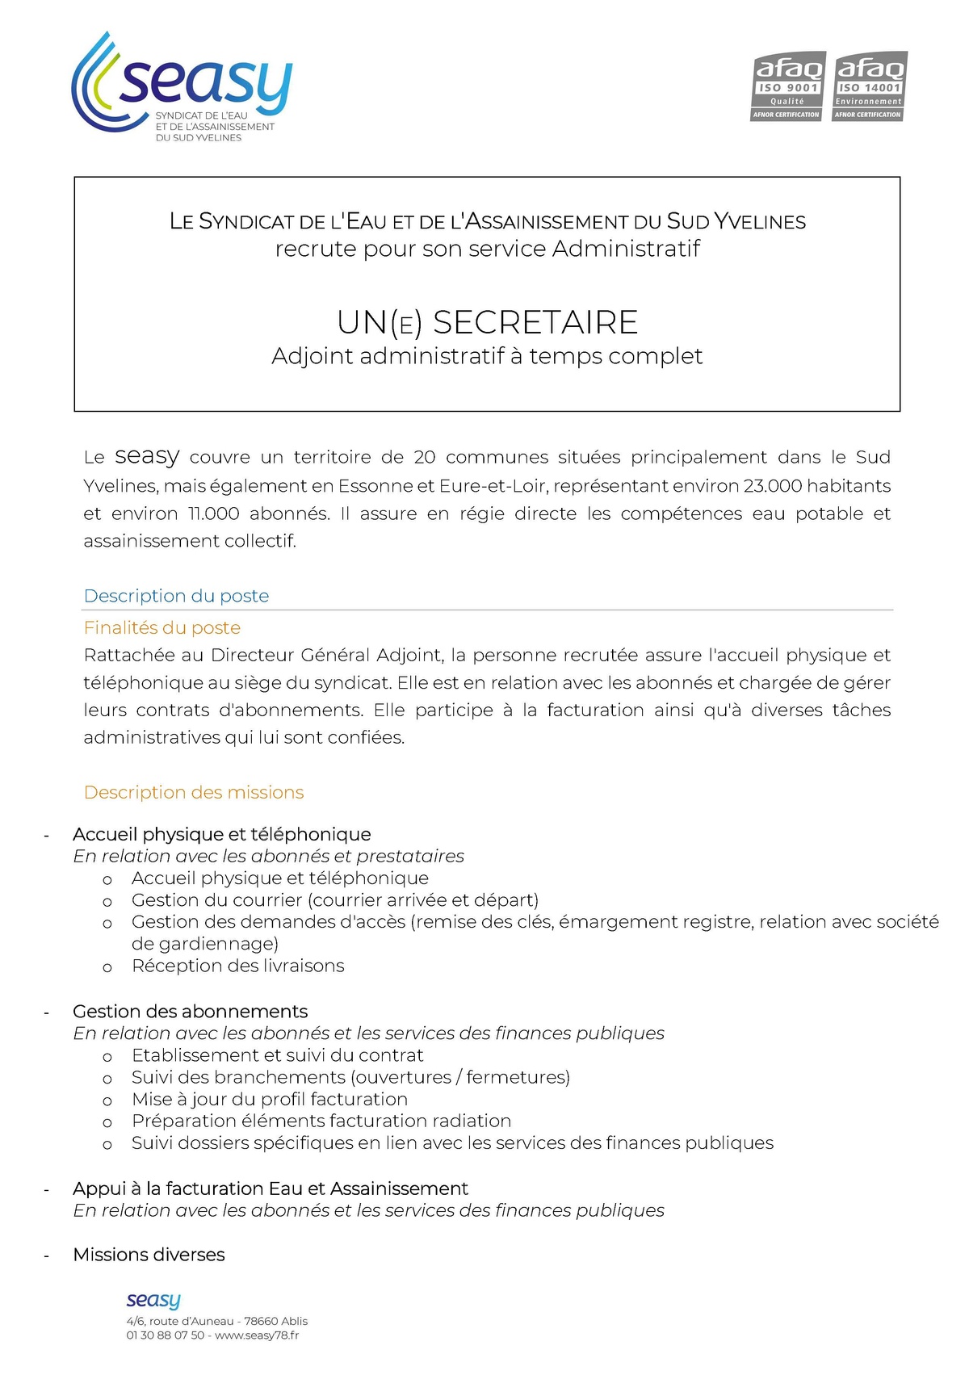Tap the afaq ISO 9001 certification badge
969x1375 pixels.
coord(787,87)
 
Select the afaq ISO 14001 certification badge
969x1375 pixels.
coord(869,87)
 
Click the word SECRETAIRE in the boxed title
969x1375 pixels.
coord(535,323)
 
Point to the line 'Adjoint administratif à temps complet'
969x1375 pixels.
coord(487,356)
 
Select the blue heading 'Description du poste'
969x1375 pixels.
coord(176,596)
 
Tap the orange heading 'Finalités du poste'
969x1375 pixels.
coord(162,627)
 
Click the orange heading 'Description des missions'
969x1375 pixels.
coord(194,792)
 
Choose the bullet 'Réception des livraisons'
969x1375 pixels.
coord(238,966)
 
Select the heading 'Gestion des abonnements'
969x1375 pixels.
coord(191,1012)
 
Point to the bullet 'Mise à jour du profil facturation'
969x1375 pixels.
coord(270,1099)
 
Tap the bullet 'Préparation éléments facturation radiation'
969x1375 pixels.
coord(321,1121)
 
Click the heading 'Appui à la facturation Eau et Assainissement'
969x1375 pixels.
coord(271,1188)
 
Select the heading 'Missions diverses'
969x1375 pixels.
coord(149,1255)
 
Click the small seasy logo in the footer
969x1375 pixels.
coord(153,1300)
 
